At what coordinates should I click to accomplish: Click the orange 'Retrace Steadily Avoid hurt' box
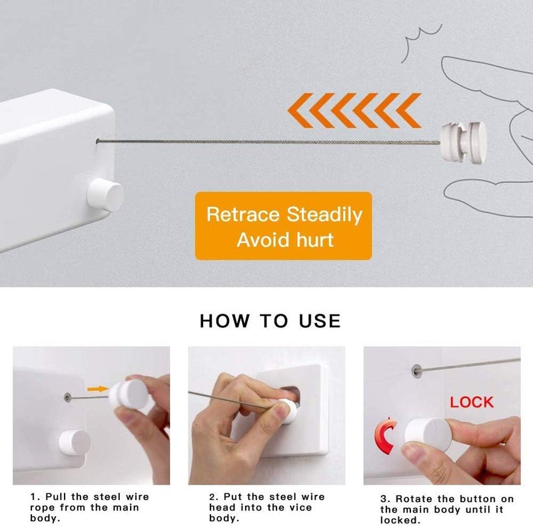[x=282, y=227]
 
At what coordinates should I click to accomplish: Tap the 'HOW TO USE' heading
[x=270, y=320]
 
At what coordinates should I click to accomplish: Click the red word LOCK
[x=471, y=401]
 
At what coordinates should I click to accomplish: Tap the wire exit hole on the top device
[x=99, y=140]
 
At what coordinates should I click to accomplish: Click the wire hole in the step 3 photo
[x=416, y=368]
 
